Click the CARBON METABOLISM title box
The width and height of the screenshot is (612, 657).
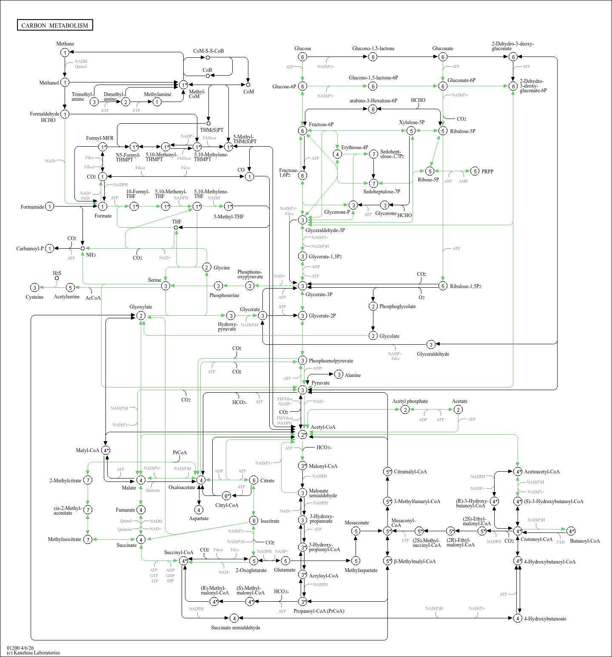pos(55,25)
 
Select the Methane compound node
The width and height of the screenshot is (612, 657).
pos(65,52)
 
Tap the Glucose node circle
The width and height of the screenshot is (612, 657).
pos(302,57)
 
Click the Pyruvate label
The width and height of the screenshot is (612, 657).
pos(320,383)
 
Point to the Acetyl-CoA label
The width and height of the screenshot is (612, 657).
pos(323,427)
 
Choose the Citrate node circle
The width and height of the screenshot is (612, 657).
pos(253,480)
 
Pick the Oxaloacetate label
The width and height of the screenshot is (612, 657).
pos(182,487)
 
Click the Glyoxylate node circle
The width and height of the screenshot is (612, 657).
pos(141,316)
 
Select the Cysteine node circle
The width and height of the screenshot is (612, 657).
pos(35,288)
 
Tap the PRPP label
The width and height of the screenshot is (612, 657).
pos(487,172)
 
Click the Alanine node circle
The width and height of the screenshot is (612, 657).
pos(339,374)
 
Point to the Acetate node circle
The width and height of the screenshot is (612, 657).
pos(458,409)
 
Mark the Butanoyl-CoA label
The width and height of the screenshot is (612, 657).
pos(585,541)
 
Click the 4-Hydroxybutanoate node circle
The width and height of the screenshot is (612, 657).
pos(518,618)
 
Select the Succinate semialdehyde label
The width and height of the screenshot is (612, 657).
pos(236,628)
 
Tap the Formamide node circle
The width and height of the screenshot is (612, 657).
pos(50,207)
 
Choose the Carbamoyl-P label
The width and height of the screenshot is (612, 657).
pos(30,249)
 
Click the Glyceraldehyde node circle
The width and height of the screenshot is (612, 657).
pos(431,344)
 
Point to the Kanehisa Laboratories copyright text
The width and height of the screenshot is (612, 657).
pos(33,653)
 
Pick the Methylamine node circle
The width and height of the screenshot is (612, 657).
pos(157,102)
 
